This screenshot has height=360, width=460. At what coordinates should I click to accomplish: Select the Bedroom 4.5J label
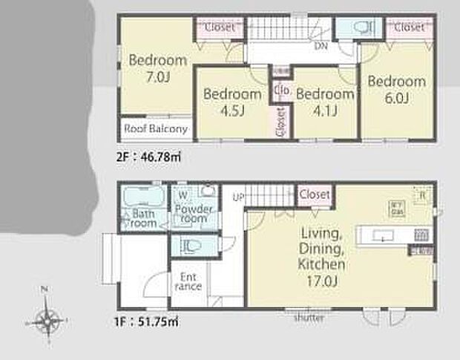click(231, 102)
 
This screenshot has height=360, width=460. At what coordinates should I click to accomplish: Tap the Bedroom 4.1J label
click(324, 102)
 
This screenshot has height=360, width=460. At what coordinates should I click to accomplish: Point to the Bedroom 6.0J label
click(397, 89)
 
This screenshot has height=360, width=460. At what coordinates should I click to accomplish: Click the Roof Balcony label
click(156, 128)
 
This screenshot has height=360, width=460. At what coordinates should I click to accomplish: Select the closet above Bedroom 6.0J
click(409, 27)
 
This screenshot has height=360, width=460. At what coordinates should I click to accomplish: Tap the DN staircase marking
click(321, 46)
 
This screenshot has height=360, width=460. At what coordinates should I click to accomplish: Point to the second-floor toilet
click(361, 28)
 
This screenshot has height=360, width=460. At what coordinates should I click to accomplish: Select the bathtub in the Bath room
click(144, 198)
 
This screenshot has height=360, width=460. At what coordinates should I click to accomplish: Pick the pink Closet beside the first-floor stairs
click(314, 194)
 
